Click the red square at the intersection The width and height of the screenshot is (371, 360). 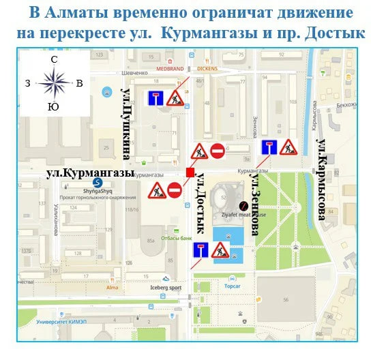[x=190, y=172]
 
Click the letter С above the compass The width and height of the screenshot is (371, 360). [x=54, y=61]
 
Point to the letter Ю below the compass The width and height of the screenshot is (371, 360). [x=53, y=106]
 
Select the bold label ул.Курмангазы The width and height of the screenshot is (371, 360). [x=90, y=173]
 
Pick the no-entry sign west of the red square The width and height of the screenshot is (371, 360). [x=175, y=190]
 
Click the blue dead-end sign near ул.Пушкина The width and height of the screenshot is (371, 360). [x=155, y=97]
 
